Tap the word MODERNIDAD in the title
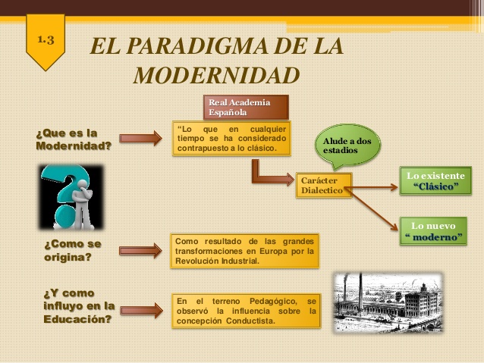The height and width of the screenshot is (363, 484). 215,75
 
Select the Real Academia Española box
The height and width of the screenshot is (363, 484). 245,107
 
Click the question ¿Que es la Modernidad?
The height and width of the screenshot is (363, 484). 73,139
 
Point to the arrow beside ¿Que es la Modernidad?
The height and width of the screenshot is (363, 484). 140,138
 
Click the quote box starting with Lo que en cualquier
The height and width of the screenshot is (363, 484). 231,139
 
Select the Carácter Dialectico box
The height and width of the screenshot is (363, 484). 325,186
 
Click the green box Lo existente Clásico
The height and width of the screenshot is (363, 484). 435,181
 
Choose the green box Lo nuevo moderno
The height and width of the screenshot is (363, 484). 433,230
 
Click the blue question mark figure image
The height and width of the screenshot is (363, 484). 71,197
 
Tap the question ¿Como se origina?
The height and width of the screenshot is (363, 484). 72,251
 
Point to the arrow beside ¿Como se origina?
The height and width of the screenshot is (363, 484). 140,247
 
